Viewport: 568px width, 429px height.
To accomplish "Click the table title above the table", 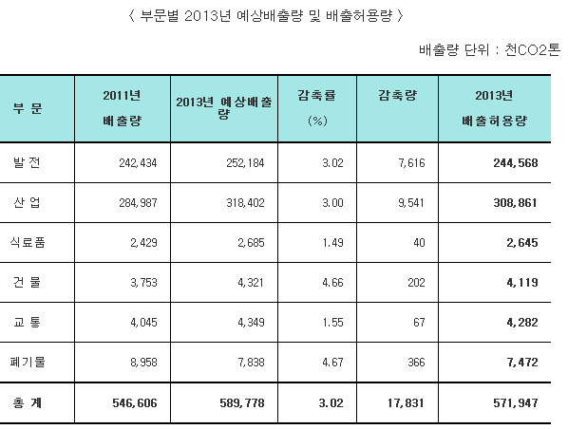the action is point(266,16).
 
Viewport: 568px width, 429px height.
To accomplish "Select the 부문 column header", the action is point(28,108).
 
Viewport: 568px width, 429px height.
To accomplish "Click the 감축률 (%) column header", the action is point(317,107).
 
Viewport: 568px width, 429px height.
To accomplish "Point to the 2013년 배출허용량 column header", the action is point(495,108).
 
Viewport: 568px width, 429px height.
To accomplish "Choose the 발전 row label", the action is point(27,162).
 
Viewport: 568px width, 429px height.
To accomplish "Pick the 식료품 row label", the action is point(28,242).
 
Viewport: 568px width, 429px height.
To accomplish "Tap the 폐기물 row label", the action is point(28,362).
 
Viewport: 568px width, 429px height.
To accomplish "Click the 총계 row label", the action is point(28,402).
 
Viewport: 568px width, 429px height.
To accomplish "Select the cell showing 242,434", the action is point(138,163).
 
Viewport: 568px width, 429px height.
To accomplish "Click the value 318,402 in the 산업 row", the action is point(246,203).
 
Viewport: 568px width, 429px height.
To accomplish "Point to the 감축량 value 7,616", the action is point(411,163).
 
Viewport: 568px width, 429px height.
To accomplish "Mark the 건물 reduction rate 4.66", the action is point(332,283).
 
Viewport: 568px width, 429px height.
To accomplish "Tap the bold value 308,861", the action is point(516,203).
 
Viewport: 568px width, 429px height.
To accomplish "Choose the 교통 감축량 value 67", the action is point(419,322).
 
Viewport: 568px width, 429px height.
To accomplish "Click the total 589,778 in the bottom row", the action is point(242,403).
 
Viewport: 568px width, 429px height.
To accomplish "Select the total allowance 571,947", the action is point(516,403).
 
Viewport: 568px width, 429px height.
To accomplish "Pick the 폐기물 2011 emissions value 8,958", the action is point(143,362).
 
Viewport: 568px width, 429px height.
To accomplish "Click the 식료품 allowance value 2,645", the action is point(522,243).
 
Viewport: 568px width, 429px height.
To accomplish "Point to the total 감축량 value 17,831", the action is point(407,403).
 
